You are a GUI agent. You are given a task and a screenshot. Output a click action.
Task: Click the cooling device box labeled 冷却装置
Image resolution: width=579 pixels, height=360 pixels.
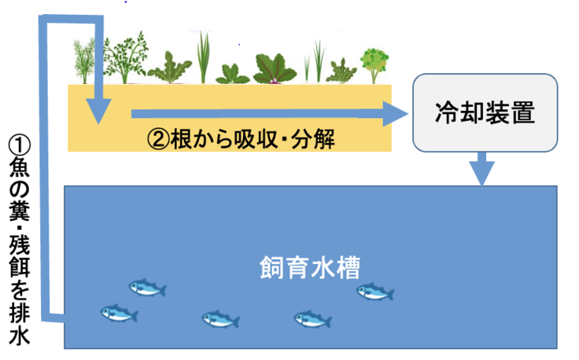[x=485, y=112]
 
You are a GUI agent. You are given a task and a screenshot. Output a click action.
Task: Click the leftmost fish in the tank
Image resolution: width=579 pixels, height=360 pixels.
[x=119, y=314]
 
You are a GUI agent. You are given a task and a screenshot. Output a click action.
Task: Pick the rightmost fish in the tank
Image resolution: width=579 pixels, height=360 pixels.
[x=375, y=292]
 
